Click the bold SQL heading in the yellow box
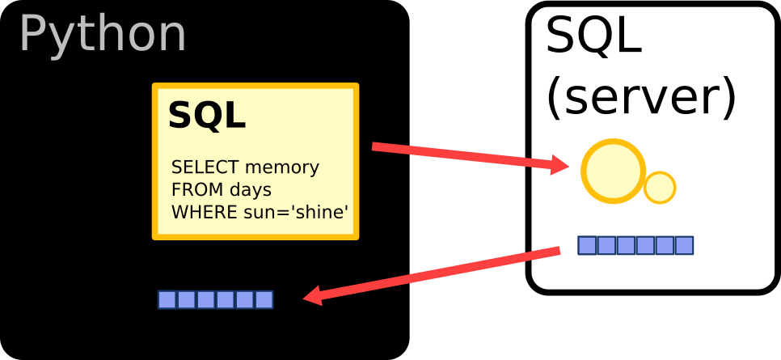click(x=206, y=116)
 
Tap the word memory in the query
click(x=282, y=167)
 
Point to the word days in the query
click(x=250, y=190)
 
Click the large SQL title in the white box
click(x=593, y=36)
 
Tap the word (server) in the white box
click(x=641, y=97)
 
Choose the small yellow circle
click(x=660, y=188)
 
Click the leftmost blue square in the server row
click(x=587, y=245)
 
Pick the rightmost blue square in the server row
click(x=684, y=245)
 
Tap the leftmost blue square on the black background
click(x=167, y=300)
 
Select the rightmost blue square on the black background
click(x=264, y=300)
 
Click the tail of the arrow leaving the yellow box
click(x=374, y=146)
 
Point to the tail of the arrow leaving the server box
click(x=558, y=252)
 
